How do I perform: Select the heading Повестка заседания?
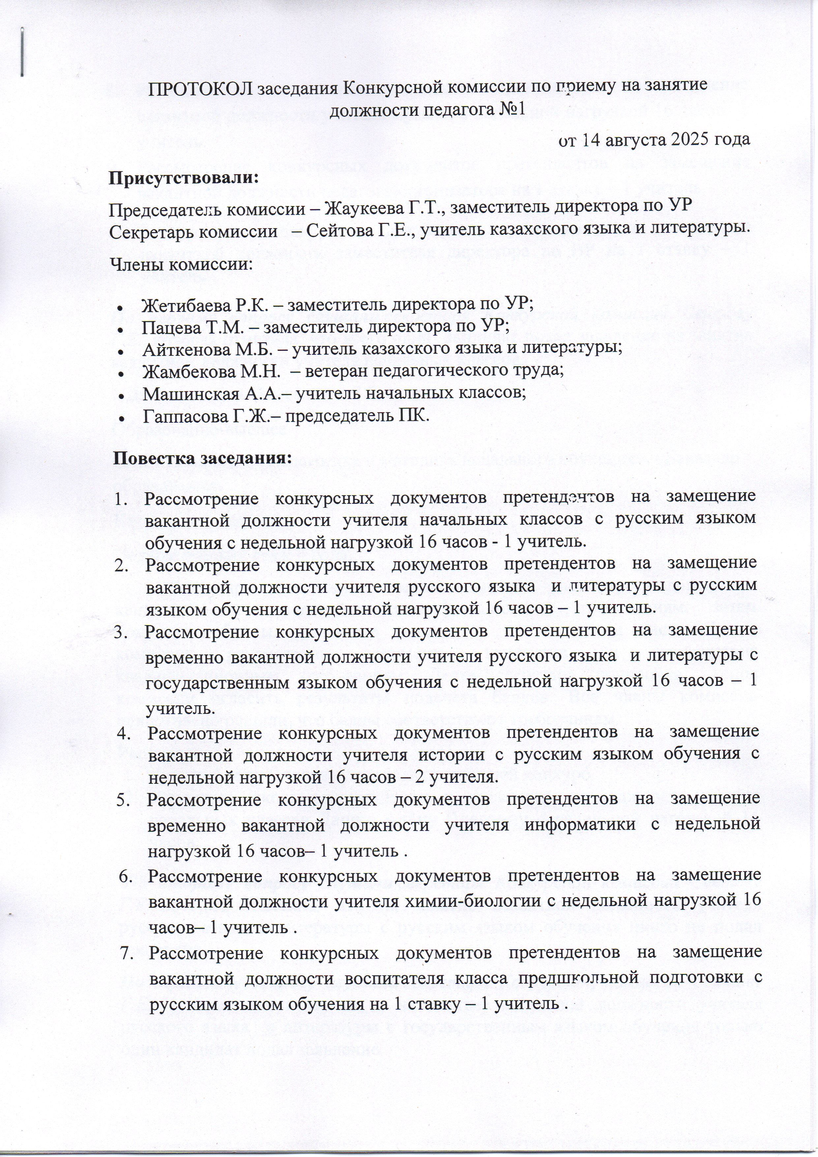pyautogui.click(x=203, y=459)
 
